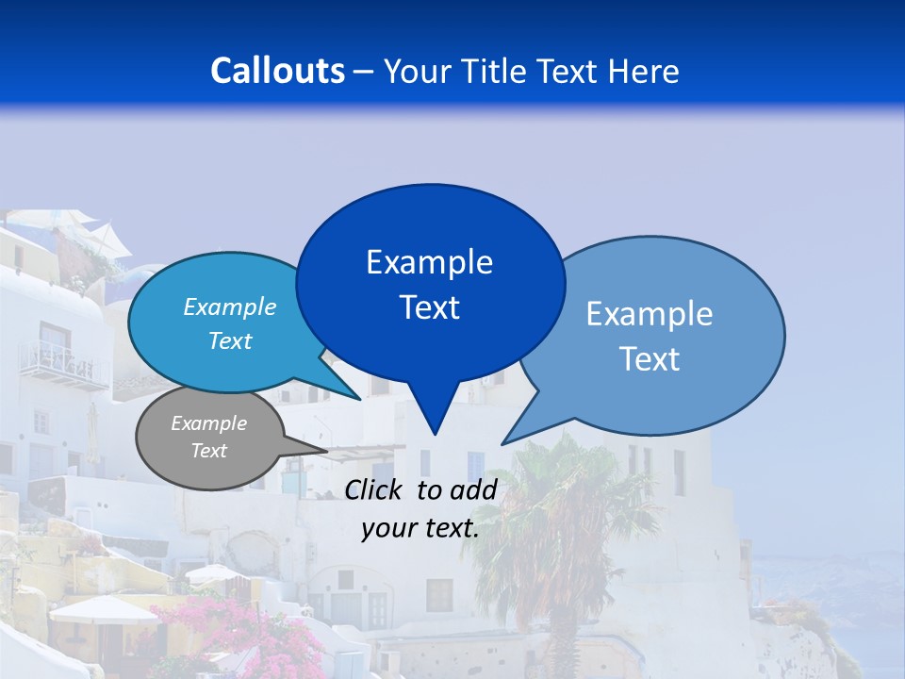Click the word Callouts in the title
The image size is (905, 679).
pyautogui.click(x=277, y=71)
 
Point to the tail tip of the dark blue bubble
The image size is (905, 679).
pyautogui.click(x=435, y=433)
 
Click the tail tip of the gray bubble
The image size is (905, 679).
pyautogui.click(x=326, y=450)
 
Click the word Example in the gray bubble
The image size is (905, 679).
pyautogui.click(x=209, y=423)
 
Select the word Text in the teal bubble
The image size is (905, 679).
pyautogui.click(x=230, y=341)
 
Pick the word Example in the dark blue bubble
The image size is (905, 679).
pyautogui.click(x=430, y=262)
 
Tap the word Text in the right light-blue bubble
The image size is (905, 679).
pyautogui.click(x=650, y=359)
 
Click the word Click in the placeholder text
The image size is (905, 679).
pyautogui.click(x=375, y=489)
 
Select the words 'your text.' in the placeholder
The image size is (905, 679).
pyautogui.click(x=420, y=529)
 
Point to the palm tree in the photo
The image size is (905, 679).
pyautogui.click(x=556, y=528)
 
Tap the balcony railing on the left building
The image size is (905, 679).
pyautogui.click(x=64, y=365)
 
